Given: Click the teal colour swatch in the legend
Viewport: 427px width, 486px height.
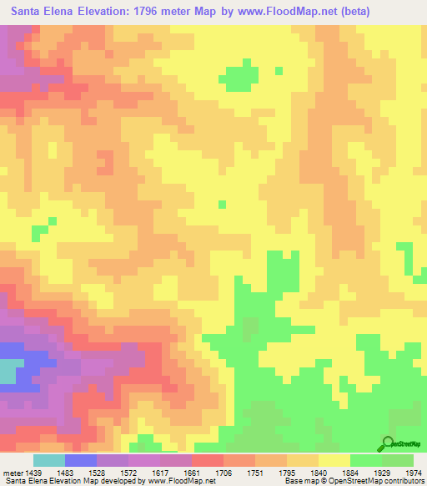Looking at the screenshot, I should click(49, 459).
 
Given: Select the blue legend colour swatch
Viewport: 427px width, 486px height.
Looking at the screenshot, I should click(81, 459).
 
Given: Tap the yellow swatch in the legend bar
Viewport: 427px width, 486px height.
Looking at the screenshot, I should click(334, 459).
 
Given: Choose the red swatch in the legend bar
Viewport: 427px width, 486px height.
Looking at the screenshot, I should click(208, 459).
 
